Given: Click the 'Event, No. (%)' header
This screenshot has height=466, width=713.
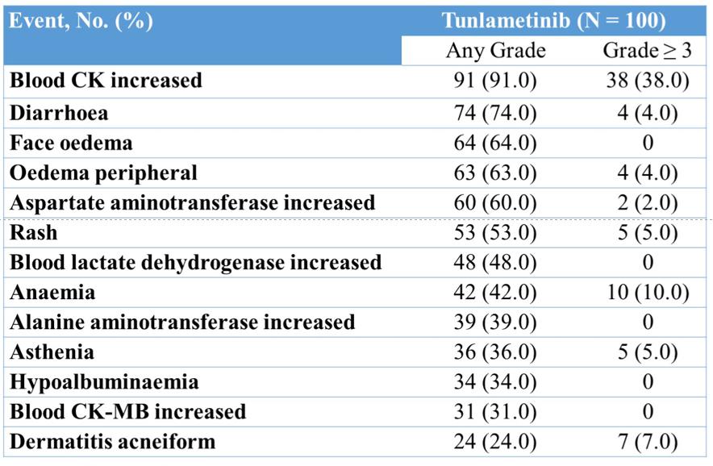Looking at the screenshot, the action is [x=81, y=21].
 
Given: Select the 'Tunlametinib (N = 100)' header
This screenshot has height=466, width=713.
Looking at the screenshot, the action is [x=554, y=20].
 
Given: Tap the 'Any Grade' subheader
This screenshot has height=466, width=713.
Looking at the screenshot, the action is [x=496, y=51].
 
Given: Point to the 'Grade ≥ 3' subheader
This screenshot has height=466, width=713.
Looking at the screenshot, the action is [x=647, y=51].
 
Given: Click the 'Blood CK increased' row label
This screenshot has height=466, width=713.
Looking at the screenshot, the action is [x=106, y=81].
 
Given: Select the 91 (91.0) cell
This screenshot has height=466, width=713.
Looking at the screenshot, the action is [x=495, y=81].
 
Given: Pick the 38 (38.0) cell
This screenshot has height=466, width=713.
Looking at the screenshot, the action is [x=648, y=81].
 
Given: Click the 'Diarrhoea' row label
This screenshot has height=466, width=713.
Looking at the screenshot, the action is [x=59, y=113].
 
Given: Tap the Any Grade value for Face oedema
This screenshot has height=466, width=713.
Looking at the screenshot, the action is [x=495, y=144].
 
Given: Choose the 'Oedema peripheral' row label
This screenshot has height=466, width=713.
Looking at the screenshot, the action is [x=104, y=173].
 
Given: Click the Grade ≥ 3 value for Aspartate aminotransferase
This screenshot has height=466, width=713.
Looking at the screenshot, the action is [x=648, y=203].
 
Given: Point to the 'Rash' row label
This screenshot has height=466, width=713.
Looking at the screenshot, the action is [x=34, y=233].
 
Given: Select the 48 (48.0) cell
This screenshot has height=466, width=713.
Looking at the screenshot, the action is [x=495, y=263].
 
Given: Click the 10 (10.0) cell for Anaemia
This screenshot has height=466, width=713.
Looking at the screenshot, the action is [x=648, y=293].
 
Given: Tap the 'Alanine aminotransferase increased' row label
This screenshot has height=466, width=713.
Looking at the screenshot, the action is [x=182, y=322].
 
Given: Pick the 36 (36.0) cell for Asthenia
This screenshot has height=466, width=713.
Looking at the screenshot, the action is [x=495, y=352].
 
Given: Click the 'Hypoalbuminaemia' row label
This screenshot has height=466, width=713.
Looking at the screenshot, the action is [x=104, y=382].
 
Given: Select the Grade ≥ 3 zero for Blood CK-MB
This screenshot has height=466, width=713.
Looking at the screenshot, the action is [x=648, y=412].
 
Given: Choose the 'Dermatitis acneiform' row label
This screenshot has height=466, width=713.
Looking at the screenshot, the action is [x=113, y=442].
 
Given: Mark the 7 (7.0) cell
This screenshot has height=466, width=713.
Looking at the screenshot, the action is [x=648, y=442].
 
